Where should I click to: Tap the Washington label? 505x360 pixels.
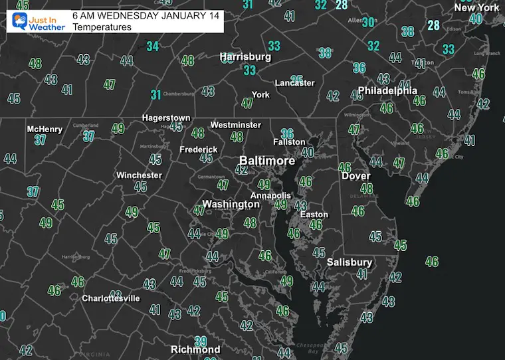pyautogui.click(x=231, y=204)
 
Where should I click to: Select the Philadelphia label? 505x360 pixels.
pyautogui.click(x=387, y=90)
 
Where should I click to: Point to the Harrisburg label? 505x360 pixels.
pyautogui.click(x=246, y=57)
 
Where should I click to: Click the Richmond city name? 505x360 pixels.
pyautogui.click(x=195, y=349)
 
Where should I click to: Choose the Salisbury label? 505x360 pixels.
pyautogui.click(x=349, y=262)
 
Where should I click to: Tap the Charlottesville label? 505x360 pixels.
pyautogui.click(x=111, y=298)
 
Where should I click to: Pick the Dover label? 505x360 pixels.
pyautogui.click(x=355, y=176)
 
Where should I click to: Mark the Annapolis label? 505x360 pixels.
pyautogui.click(x=270, y=195)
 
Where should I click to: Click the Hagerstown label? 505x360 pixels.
pyautogui.click(x=166, y=118)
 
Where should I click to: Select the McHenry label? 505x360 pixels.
pyautogui.click(x=45, y=129)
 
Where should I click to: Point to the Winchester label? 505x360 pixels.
pyautogui.click(x=139, y=175)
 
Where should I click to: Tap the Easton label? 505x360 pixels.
pyautogui.click(x=314, y=215)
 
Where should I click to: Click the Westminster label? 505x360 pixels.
pyautogui.click(x=235, y=125)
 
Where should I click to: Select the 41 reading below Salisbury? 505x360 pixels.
pyautogui.click(x=362, y=274)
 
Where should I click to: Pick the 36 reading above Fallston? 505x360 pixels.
pyautogui.click(x=287, y=134)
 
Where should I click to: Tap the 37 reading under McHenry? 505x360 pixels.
pyautogui.click(x=41, y=140)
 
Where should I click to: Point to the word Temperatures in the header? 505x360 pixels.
pyautogui.click(x=102, y=27)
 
